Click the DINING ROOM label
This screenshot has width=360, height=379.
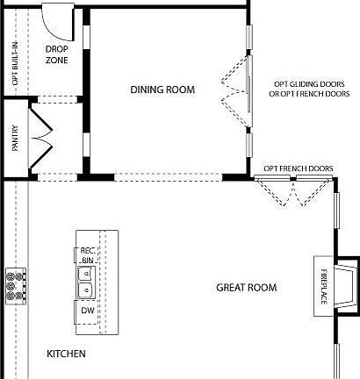[x=162, y=89]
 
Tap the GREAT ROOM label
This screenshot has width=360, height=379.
[x=246, y=288]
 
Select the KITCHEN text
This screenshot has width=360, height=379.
[x=66, y=354]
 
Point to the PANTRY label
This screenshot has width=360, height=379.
[x=15, y=139]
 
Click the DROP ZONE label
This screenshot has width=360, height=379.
[x=57, y=55]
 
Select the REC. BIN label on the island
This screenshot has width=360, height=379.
[x=87, y=255]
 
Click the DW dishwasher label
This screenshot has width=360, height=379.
[x=87, y=311]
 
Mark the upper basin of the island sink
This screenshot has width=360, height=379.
[x=86, y=274]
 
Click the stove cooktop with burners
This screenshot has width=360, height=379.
[x=15, y=286]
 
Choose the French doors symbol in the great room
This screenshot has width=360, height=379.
[x=294, y=190]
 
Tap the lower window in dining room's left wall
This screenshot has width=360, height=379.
[x=86, y=142]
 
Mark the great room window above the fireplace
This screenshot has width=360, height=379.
[x=336, y=211]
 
